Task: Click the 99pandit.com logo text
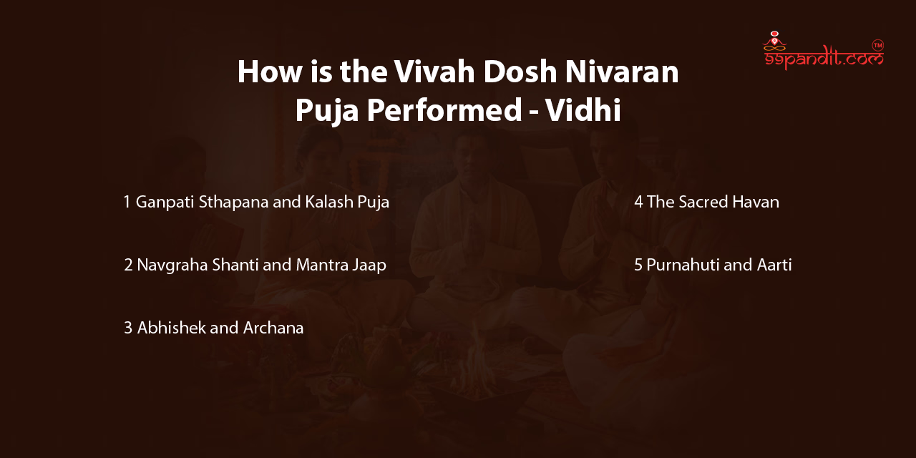pos(823,60)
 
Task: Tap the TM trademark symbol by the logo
pos(878,45)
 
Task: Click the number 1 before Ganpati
pos(127,202)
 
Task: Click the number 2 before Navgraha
pos(128,265)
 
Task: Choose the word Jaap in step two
pos(369,265)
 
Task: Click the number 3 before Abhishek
pos(128,328)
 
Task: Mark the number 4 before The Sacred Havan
pos(638,202)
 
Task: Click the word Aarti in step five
pos(774,265)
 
